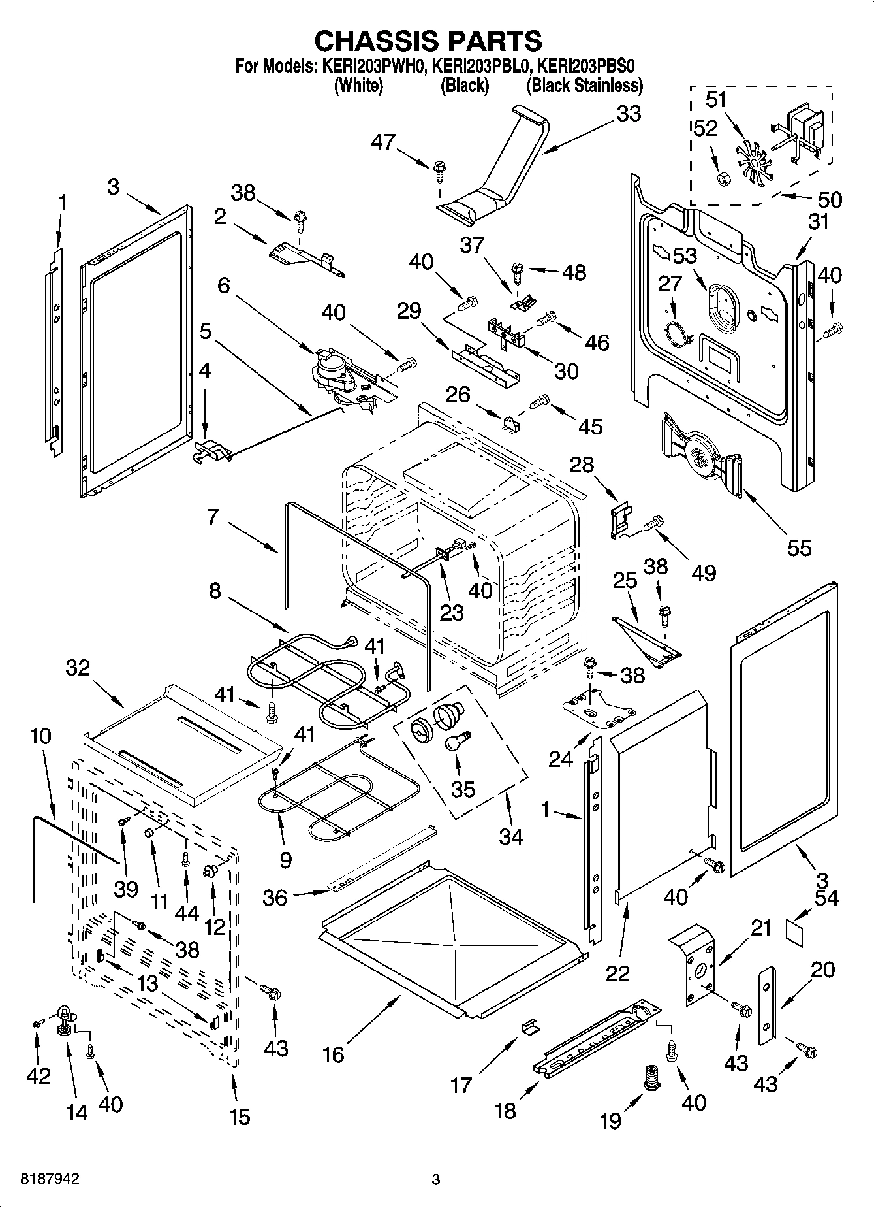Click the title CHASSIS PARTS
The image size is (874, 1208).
coord(428,41)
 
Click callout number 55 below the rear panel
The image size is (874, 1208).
coord(799,547)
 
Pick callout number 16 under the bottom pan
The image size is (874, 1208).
coord(333,1054)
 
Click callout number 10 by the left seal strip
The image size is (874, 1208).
coord(40,736)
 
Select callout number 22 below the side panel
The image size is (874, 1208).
coord(617,973)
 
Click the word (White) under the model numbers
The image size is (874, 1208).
coord(358,85)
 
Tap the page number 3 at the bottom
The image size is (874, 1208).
coord(436,1180)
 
